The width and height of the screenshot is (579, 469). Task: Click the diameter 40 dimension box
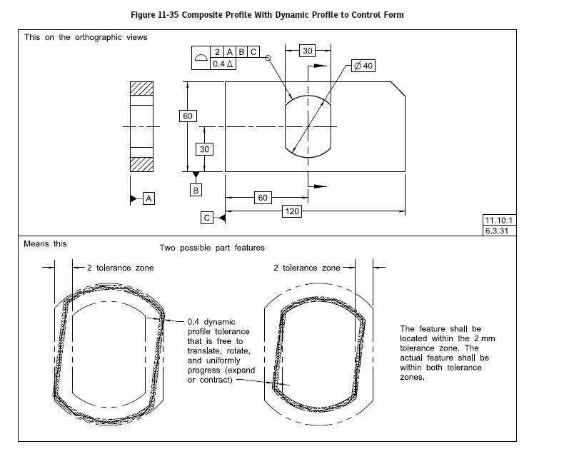363,66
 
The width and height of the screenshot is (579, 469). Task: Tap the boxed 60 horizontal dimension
263,197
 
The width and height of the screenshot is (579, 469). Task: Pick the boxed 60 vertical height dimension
188,116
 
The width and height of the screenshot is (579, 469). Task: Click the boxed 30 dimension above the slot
308,51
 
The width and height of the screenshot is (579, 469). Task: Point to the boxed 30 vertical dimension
205,149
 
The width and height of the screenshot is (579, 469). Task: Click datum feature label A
148,198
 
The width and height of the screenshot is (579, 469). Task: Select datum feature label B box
196,190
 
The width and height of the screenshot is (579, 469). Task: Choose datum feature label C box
207,218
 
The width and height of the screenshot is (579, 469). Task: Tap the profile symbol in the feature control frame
202,58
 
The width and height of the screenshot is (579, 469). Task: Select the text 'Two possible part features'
211,248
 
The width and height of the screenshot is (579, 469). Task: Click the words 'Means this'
45,243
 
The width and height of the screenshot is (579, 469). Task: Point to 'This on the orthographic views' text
86,37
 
